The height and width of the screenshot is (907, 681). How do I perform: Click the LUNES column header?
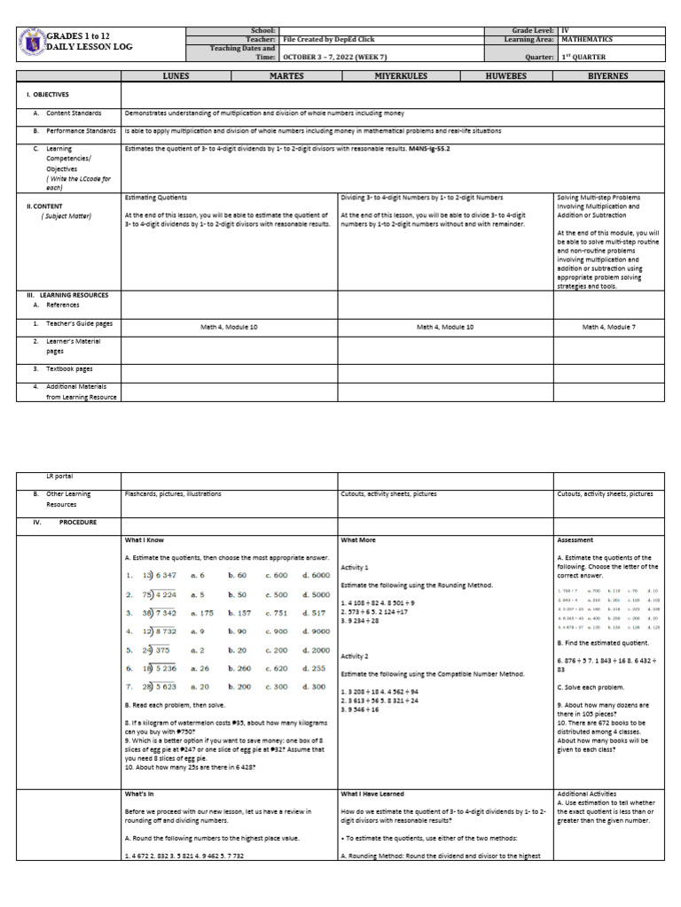pos(176,76)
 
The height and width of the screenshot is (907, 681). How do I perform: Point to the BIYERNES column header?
pos(608,76)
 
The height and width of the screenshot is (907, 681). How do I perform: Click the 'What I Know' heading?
pos(144,539)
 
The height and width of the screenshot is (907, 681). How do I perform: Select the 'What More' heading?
pos(358,539)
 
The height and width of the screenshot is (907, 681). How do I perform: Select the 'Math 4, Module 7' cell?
pos(608,327)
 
